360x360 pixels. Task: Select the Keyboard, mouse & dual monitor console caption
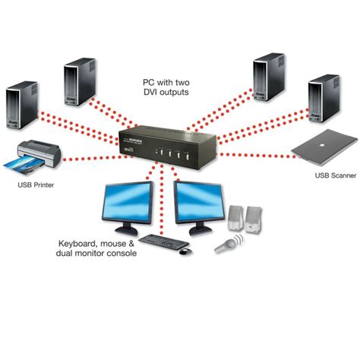[x=97, y=248]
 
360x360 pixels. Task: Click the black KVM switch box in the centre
[x=168, y=147]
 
